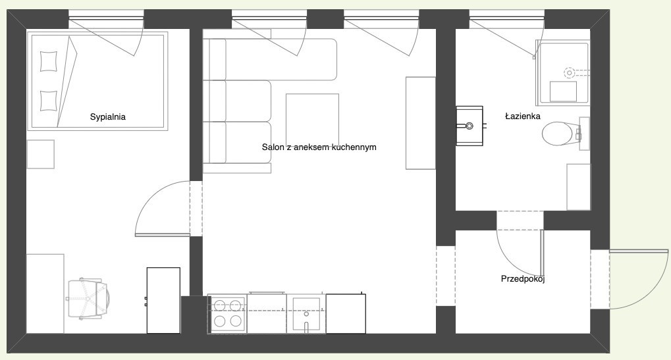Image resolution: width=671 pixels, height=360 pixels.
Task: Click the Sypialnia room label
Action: (x=107, y=117)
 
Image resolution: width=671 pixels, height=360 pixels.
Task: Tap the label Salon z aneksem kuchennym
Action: (x=319, y=147)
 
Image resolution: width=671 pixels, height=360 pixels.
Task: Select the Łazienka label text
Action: (x=522, y=116)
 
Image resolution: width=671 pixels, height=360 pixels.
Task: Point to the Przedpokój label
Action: (x=522, y=279)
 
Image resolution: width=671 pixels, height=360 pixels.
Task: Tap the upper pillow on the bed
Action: (x=48, y=61)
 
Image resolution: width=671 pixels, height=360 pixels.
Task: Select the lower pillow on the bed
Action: (x=48, y=101)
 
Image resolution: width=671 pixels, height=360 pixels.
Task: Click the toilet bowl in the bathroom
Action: (x=560, y=134)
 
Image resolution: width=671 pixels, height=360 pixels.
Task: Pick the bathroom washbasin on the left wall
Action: (x=470, y=126)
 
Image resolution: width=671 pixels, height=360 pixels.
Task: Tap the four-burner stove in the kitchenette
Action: (x=227, y=313)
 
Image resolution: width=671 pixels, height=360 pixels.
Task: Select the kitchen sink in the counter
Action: (x=306, y=314)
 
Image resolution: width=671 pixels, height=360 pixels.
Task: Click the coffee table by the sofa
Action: (x=312, y=120)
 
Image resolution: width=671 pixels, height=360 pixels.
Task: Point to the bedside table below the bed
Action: (x=41, y=154)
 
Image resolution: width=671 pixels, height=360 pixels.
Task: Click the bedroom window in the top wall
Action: (x=106, y=18)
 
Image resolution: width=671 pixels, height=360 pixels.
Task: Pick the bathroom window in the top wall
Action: (x=507, y=18)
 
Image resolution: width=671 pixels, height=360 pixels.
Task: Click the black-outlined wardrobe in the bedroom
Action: (x=163, y=300)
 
